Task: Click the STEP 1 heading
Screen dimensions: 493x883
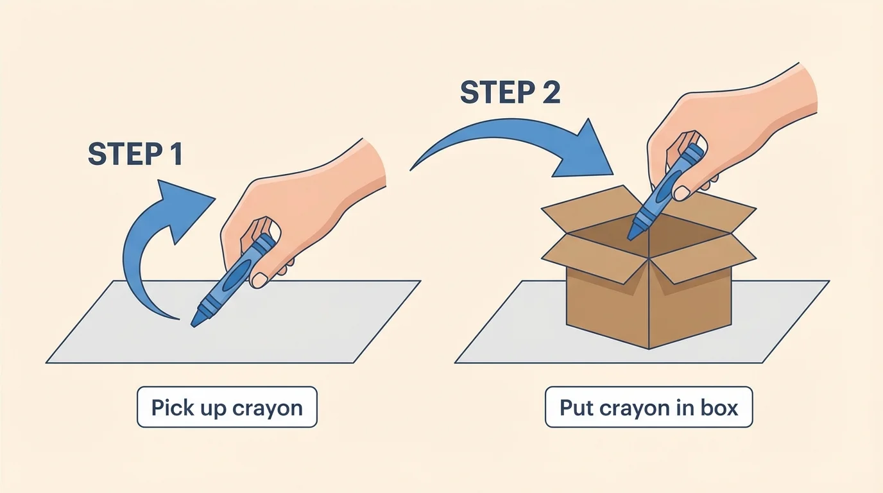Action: click(135, 154)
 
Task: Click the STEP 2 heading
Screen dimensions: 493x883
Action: click(510, 93)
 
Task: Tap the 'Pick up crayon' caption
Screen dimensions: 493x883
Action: click(227, 407)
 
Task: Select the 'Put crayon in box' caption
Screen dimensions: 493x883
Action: click(648, 407)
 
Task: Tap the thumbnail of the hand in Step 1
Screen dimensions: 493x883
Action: click(259, 280)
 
